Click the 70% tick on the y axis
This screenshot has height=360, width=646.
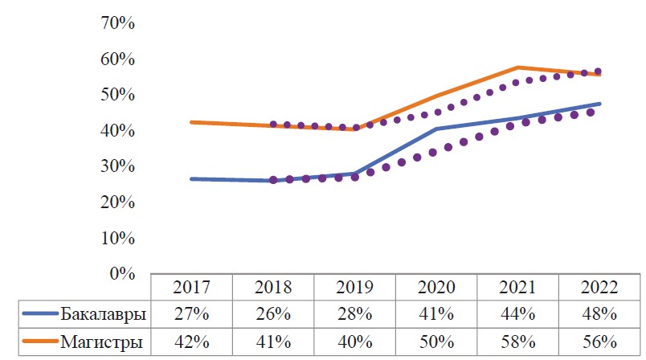point(117,23)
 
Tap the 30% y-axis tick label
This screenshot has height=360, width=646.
point(117,167)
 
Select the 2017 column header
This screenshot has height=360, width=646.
point(191,287)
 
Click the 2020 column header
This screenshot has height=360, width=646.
point(437,287)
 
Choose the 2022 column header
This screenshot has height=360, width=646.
point(600,287)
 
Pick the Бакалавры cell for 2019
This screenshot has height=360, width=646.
point(355,313)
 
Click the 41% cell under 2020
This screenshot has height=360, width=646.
point(437,313)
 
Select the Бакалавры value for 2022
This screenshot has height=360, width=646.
point(600,313)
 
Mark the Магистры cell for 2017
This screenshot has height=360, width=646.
point(191,342)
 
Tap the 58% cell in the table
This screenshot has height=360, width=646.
point(519,342)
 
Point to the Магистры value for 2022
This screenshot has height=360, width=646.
point(600,342)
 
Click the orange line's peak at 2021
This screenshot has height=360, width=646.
point(519,67)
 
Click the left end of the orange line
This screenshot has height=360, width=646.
point(191,122)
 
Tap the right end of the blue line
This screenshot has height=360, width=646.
point(600,104)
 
